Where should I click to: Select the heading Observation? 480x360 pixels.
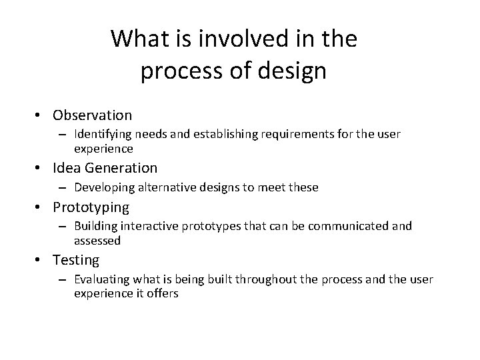(93, 115)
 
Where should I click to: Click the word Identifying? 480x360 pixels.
(102, 135)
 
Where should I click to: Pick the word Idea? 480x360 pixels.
(67, 168)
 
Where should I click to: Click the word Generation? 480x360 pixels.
(121, 168)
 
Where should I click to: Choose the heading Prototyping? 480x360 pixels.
(91, 207)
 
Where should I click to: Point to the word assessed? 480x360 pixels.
(97, 240)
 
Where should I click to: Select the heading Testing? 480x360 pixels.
(76, 260)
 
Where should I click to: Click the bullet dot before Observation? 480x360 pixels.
(41, 116)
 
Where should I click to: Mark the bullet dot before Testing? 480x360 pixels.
(41, 260)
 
